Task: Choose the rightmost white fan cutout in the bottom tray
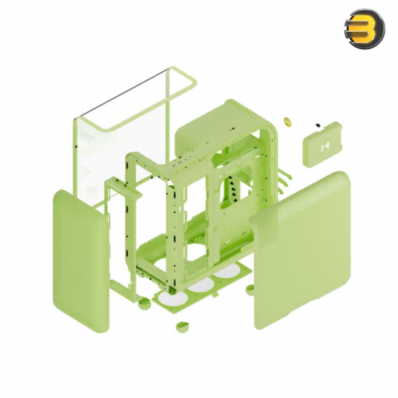pyautogui.click(x=226, y=271)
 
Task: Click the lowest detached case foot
pyautogui.click(x=181, y=325)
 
